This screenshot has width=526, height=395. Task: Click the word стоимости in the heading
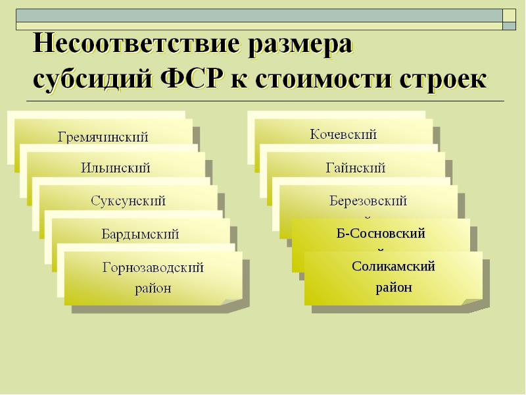point(322,80)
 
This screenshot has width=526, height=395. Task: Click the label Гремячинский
point(103,137)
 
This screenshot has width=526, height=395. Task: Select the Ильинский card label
point(116,168)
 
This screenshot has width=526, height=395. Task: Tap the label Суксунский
point(128,200)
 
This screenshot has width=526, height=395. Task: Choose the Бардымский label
point(140,234)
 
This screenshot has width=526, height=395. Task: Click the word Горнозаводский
point(153,268)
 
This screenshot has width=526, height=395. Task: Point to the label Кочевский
point(343,135)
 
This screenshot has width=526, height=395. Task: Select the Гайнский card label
point(356,168)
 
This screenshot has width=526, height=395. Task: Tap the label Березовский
point(368,201)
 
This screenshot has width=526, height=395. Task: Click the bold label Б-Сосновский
point(381,233)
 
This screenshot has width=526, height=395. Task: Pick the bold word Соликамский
point(393,267)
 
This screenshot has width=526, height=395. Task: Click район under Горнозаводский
point(153,288)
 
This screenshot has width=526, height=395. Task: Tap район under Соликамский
point(394,287)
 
